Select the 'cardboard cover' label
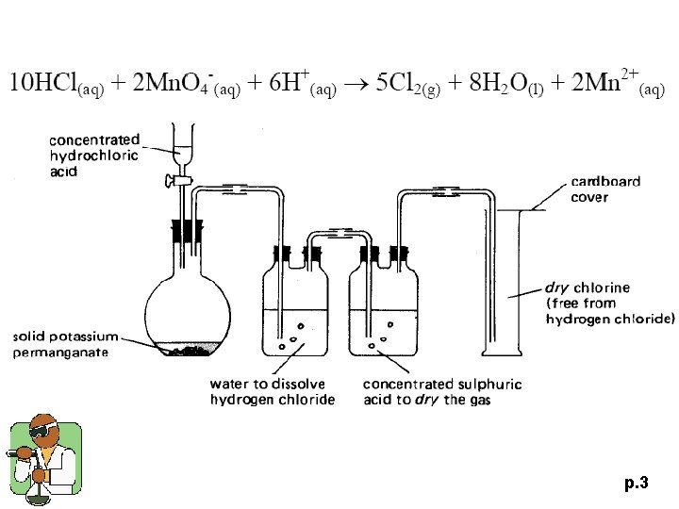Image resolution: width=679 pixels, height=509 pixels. click(x=604, y=189)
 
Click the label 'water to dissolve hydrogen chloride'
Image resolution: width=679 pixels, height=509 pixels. click(x=273, y=392)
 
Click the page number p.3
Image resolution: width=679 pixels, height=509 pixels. click(x=636, y=484)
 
